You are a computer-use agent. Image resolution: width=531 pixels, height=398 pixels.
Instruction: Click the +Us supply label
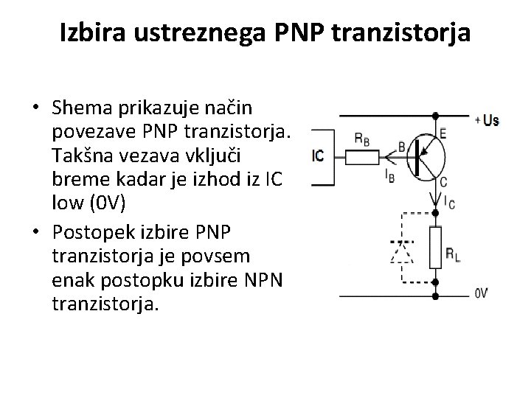[x=487, y=120]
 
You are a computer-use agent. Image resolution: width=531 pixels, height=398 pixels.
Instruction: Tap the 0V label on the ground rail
[x=480, y=293]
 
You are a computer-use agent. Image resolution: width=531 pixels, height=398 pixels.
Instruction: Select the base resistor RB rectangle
[x=362, y=156]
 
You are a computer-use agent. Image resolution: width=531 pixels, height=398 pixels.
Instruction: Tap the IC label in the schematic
[x=318, y=156]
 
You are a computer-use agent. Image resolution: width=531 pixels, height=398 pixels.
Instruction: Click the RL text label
[x=453, y=254]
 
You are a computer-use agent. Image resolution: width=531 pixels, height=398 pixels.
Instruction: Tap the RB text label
[x=362, y=138]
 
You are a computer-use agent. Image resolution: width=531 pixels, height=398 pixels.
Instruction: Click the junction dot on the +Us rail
[x=435, y=116]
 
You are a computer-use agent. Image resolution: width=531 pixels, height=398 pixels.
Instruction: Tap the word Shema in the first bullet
[x=80, y=108]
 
